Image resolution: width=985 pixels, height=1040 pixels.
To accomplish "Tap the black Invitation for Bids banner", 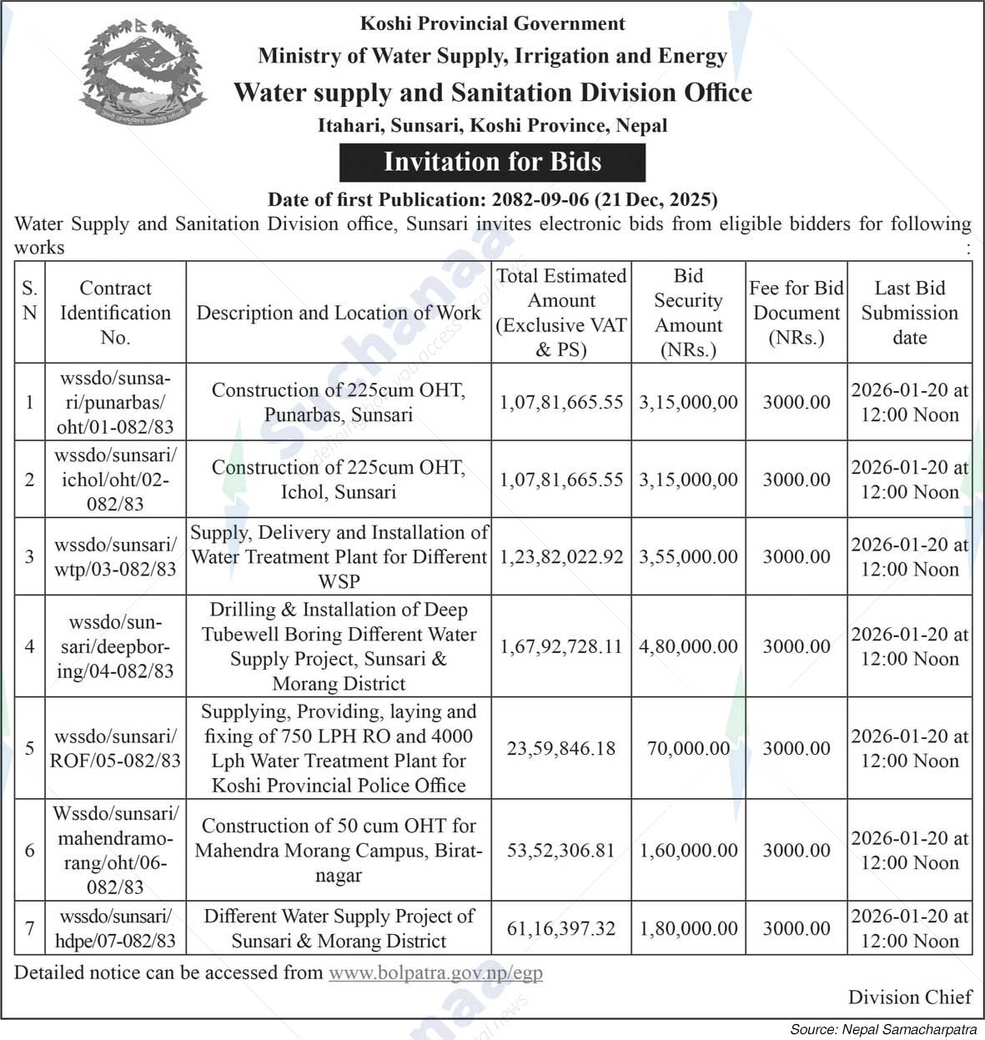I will point(492,162).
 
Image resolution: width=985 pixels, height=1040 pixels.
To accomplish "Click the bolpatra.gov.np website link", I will point(435,972).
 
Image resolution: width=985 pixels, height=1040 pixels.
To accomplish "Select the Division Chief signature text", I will point(910,997).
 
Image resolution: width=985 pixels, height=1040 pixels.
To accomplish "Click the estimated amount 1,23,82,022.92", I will point(561,557).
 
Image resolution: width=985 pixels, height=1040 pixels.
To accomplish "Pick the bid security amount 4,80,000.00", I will point(688,646).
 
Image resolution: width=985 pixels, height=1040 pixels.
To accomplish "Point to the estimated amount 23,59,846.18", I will point(561,748).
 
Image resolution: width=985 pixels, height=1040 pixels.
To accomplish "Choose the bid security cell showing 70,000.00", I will point(688,748).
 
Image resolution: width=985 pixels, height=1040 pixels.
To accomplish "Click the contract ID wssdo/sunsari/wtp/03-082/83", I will point(115,557).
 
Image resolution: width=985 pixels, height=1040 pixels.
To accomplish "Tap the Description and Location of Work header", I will point(338,313).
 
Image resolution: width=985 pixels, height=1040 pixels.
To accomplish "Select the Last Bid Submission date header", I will point(909,313).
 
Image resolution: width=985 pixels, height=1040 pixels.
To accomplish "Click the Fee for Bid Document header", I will point(797,313).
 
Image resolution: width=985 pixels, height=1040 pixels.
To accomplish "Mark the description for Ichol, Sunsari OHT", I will point(338,480).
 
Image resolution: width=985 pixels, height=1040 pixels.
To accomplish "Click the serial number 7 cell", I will point(30,927).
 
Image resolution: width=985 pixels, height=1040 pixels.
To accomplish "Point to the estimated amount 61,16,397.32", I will point(561,928).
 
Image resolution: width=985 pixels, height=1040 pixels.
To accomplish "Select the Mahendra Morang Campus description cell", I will point(338,850).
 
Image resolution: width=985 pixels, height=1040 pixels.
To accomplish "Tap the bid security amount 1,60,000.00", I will point(688,851).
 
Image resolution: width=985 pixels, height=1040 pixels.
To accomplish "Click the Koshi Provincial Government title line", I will point(492,23).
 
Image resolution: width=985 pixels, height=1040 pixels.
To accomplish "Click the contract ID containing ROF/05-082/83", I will point(115,748).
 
